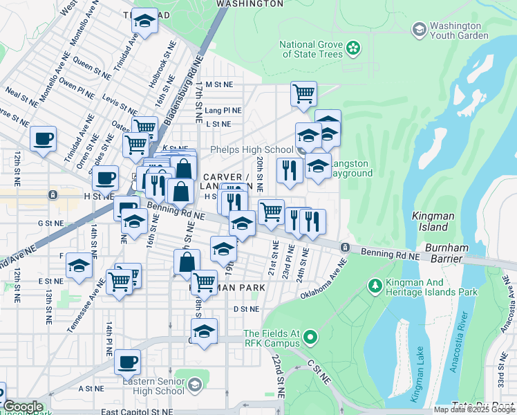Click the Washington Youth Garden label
(459, 30)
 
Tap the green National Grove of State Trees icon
(353, 48)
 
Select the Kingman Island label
(433, 221)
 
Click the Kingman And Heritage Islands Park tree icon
(375, 285)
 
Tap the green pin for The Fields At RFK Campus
(310, 338)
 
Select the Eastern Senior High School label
(153, 386)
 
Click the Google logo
(22, 407)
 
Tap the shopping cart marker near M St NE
(303, 93)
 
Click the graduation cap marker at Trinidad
(144, 21)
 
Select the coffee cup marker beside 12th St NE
(43, 138)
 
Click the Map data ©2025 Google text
(475, 409)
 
